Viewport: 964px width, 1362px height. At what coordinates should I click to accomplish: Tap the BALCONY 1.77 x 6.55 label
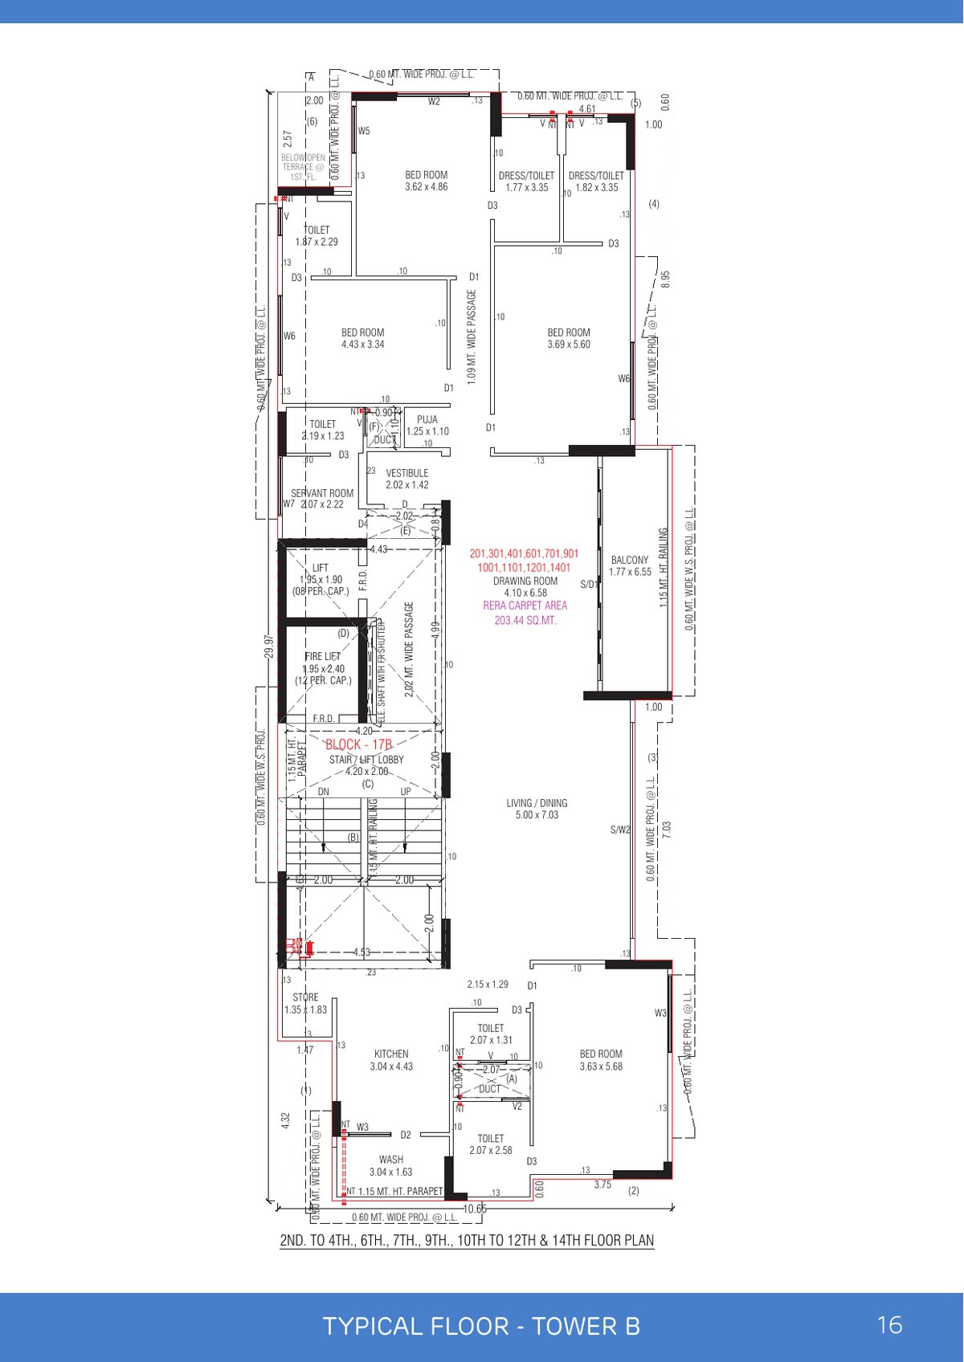click(x=630, y=566)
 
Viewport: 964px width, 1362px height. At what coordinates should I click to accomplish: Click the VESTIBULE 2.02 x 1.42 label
click(x=407, y=479)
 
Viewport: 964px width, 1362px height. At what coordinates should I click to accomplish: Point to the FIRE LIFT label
click(x=323, y=657)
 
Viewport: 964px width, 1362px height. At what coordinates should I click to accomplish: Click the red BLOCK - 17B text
click(x=358, y=744)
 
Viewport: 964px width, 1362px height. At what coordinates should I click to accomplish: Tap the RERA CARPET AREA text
click(x=525, y=606)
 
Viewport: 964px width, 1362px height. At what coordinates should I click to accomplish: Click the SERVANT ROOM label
click(x=322, y=494)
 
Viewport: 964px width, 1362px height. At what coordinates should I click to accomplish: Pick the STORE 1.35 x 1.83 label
click(x=306, y=1003)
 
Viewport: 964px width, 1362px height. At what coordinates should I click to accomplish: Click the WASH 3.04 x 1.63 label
click(x=391, y=1165)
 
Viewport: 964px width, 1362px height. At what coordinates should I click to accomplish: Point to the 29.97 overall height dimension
click(x=269, y=646)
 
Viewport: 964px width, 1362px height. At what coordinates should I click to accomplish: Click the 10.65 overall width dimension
click(x=475, y=1209)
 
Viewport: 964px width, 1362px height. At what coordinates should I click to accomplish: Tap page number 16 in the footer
click(x=890, y=1325)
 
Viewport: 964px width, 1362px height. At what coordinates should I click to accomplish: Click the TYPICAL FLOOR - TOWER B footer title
click(x=481, y=1326)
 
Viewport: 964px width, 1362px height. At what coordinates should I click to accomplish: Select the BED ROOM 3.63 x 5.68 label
click(x=601, y=1060)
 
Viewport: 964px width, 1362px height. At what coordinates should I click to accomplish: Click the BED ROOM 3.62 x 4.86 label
click(x=427, y=181)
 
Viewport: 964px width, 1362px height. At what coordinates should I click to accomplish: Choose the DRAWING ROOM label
click(x=525, y=581)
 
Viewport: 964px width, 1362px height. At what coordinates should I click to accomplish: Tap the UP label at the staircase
click(x=406, y=792)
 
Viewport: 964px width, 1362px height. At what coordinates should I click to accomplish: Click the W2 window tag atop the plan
click(x=434, y=102)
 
